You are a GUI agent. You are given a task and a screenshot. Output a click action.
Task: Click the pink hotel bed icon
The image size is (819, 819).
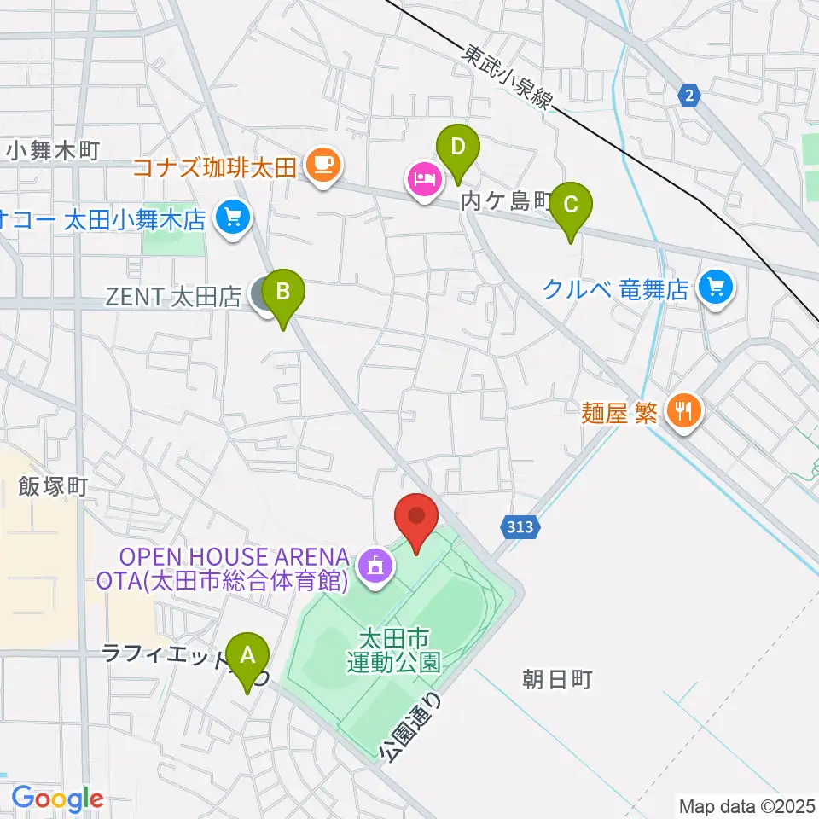point(424,180)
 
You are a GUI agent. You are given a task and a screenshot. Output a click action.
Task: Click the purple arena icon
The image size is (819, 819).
point(375,564)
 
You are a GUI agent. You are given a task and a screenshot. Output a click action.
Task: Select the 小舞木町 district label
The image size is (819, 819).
point(53,151)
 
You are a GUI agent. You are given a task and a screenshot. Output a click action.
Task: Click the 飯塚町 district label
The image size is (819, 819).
point(53,487)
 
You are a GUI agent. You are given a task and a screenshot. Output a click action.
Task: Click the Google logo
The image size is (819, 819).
point(57,799)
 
